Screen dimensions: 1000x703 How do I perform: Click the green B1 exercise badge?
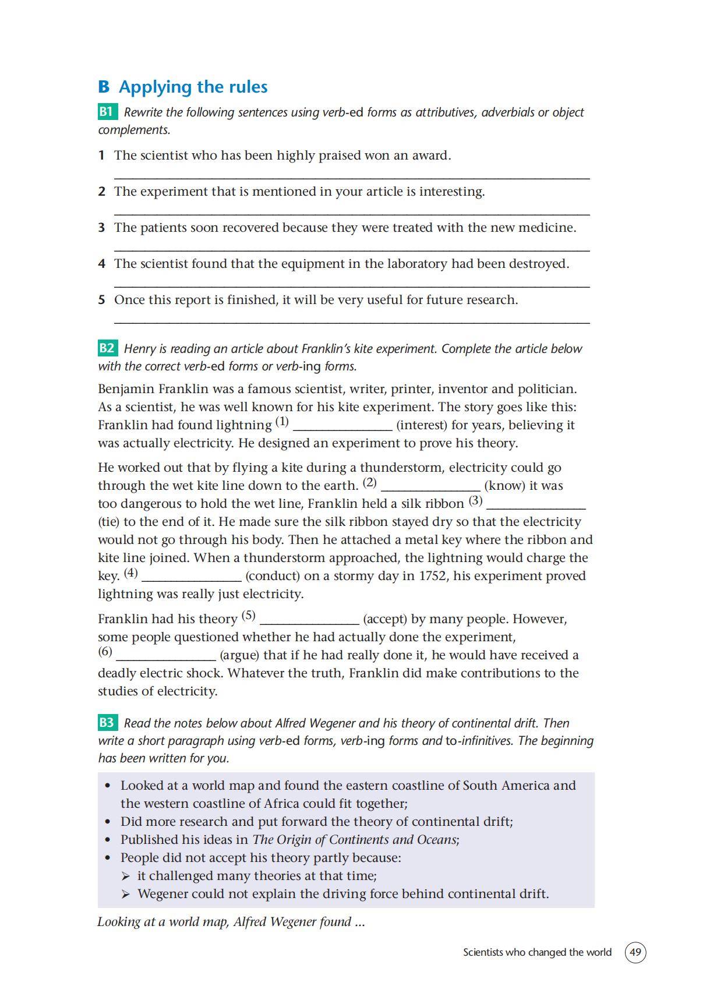107,112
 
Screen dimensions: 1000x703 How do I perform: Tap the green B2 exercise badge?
107,348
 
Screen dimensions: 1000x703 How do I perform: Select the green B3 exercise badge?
107,723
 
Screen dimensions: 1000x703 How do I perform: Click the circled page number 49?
635,952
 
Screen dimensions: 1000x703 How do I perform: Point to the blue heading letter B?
104,87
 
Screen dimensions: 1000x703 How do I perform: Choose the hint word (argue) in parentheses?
239,655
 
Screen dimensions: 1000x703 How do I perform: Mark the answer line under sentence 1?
352,177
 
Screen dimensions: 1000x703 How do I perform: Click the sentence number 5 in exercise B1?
101,300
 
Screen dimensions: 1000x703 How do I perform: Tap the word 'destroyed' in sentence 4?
538,264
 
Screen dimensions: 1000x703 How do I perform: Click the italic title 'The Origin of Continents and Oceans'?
355,840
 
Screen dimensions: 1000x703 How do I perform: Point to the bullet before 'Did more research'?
107,822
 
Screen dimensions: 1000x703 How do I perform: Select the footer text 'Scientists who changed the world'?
537,952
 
